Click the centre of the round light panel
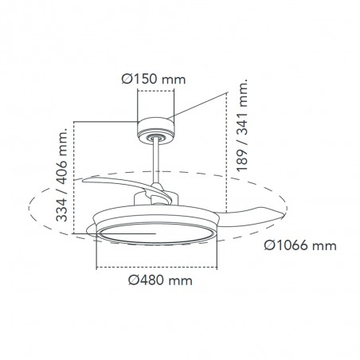(156, 234)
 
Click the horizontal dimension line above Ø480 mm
(156, 264)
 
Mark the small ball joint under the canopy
(155, 139)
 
